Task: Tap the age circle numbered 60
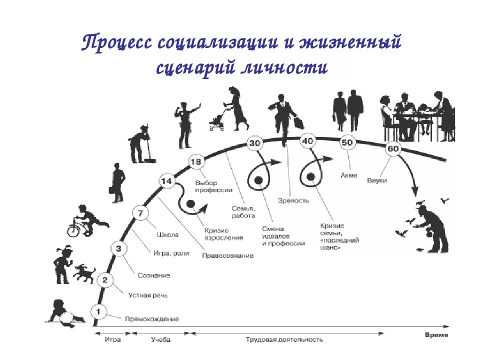coord(393,148)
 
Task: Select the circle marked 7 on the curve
coord(140,214)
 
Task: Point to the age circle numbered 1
coord(98,312)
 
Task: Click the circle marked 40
coord(307,141)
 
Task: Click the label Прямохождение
coord(151,318)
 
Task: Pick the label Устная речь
coord(147,295)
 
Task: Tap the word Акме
coord(348,175)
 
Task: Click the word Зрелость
coord(293,200)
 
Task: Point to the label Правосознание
coord(227,255)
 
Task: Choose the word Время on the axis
coord(436,334)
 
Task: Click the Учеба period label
coord(160,339)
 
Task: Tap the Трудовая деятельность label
coord(284,339)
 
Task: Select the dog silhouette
coord(84,273)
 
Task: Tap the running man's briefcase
coord(298,123)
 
